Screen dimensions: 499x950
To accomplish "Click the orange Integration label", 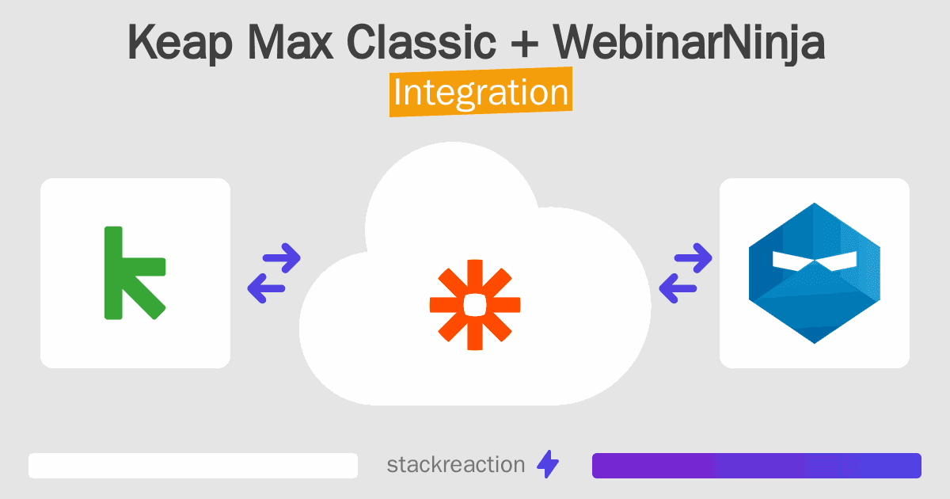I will (x=481, y=92).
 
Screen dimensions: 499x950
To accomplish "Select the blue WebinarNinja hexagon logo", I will (x=814, y=273).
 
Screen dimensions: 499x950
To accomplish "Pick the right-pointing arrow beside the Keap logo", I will (x=281, y=257).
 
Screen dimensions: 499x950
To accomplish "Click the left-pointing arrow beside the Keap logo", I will (x=267, y=288).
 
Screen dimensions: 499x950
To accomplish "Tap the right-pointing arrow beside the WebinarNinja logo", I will (x=693, y=257).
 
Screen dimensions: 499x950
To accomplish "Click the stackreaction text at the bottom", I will (x=455, y=465).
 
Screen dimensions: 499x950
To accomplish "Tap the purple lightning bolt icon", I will (x=548, y=465).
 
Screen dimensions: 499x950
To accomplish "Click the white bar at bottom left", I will (x=193, y=466).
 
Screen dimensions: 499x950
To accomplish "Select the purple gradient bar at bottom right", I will (x=756, y=466).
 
